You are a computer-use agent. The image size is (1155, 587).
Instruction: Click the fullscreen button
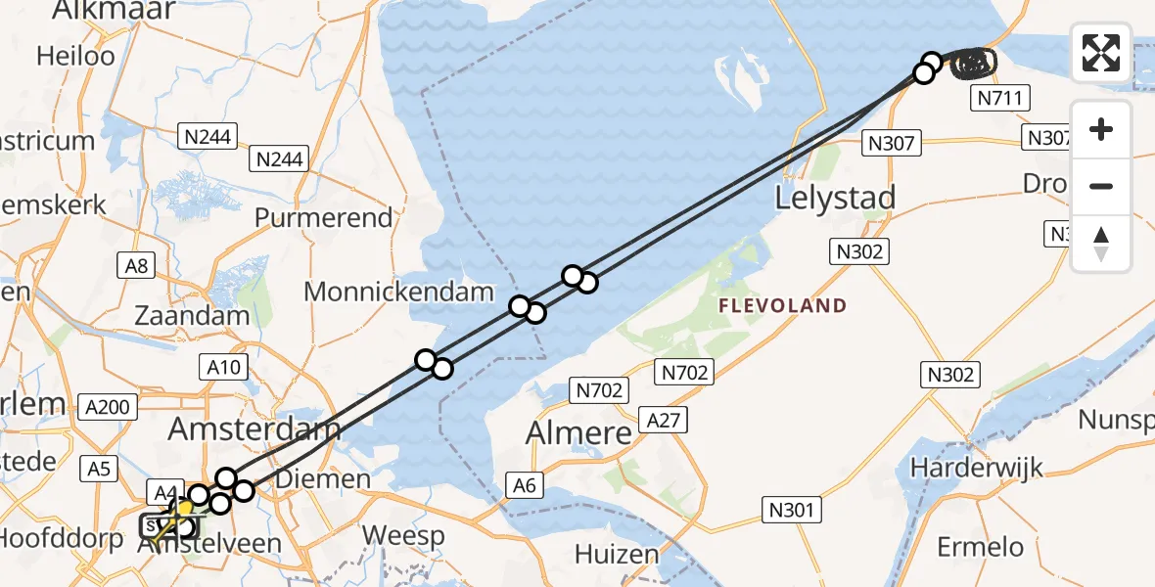[1101, 53]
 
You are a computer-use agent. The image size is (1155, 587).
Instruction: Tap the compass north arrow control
[1101, 243]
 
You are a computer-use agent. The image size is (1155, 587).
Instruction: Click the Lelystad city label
[835, 199]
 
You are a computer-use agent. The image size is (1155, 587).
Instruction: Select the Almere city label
[578, 431]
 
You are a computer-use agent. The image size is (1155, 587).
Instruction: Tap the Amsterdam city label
[254, 429]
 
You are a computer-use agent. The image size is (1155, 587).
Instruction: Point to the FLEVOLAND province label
[782, 306]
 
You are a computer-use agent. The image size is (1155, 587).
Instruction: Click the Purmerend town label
[324, 217]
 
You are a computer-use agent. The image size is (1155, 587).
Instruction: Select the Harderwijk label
[977, 468]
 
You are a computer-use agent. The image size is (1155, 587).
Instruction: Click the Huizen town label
[617, 555]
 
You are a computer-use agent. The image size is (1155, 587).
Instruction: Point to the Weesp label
[403, 536]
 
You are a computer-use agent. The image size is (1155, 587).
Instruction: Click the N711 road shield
[998, 98]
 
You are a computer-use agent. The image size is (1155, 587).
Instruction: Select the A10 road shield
[224, 368]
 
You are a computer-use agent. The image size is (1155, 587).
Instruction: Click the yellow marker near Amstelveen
[183, 509]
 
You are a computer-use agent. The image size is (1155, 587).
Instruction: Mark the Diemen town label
[323, 479]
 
